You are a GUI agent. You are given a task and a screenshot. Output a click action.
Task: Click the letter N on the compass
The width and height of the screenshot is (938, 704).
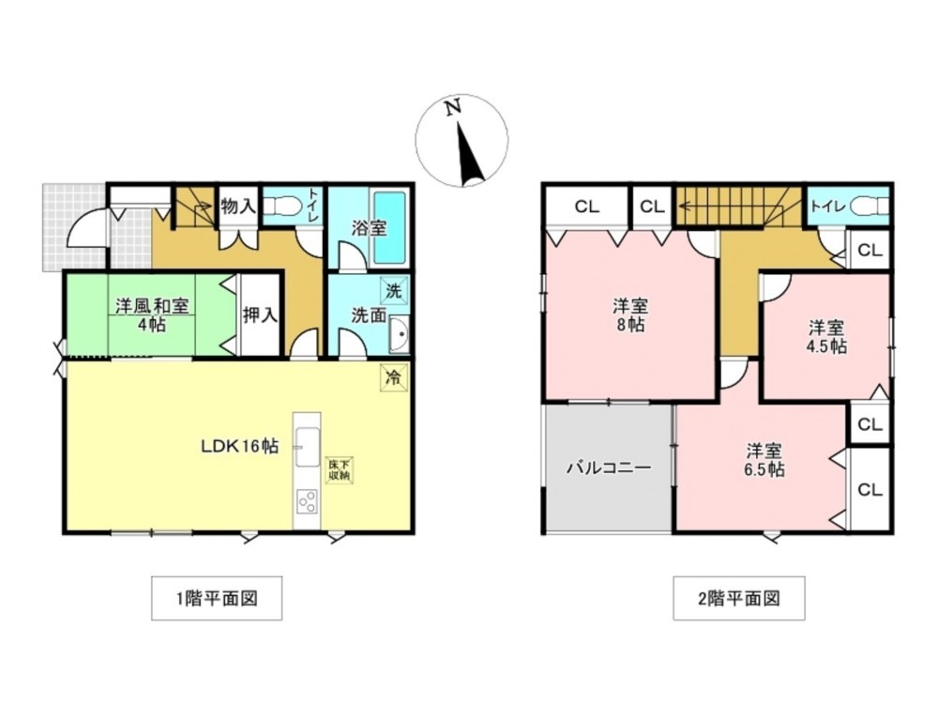tap(453, 107)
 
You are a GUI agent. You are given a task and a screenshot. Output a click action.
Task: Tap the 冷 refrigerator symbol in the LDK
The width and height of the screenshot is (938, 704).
tap(394, 377)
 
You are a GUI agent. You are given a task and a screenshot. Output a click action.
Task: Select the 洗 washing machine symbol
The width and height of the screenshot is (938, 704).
tap(394, 292)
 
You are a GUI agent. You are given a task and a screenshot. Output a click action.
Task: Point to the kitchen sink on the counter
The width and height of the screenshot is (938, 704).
tap(307, 446)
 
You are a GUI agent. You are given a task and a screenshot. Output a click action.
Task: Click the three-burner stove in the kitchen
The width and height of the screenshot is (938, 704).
tap(307, 501)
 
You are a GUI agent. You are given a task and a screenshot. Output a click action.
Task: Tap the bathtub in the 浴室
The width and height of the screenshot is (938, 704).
tap(390, 228)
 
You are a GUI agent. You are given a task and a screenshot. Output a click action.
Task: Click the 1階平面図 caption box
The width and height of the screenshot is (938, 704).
tap(217, 598)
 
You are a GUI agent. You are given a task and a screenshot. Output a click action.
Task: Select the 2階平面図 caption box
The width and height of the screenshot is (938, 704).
tap(739, 598)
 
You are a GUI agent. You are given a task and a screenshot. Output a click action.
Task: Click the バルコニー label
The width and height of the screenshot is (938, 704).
tap(609, 467)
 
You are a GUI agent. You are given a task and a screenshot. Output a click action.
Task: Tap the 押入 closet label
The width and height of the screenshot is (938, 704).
tap(260, 314)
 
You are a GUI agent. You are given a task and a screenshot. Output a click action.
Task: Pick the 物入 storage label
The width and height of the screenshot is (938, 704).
tap(238, 207)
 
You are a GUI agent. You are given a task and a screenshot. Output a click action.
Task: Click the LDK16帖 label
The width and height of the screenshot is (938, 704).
tap(239, 446)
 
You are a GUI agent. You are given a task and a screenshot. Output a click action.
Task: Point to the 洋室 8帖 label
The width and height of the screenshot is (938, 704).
tap(630, 315)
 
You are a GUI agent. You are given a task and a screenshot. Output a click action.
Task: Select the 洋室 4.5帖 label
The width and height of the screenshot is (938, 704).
tap(827, 337)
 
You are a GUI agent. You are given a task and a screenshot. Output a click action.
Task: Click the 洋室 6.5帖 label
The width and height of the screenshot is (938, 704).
tap(764, 460)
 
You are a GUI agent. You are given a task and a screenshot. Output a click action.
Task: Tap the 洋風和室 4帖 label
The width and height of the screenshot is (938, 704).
tap(152, 315)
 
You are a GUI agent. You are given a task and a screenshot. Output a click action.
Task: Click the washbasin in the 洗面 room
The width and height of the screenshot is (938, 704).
tap(398, 335)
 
